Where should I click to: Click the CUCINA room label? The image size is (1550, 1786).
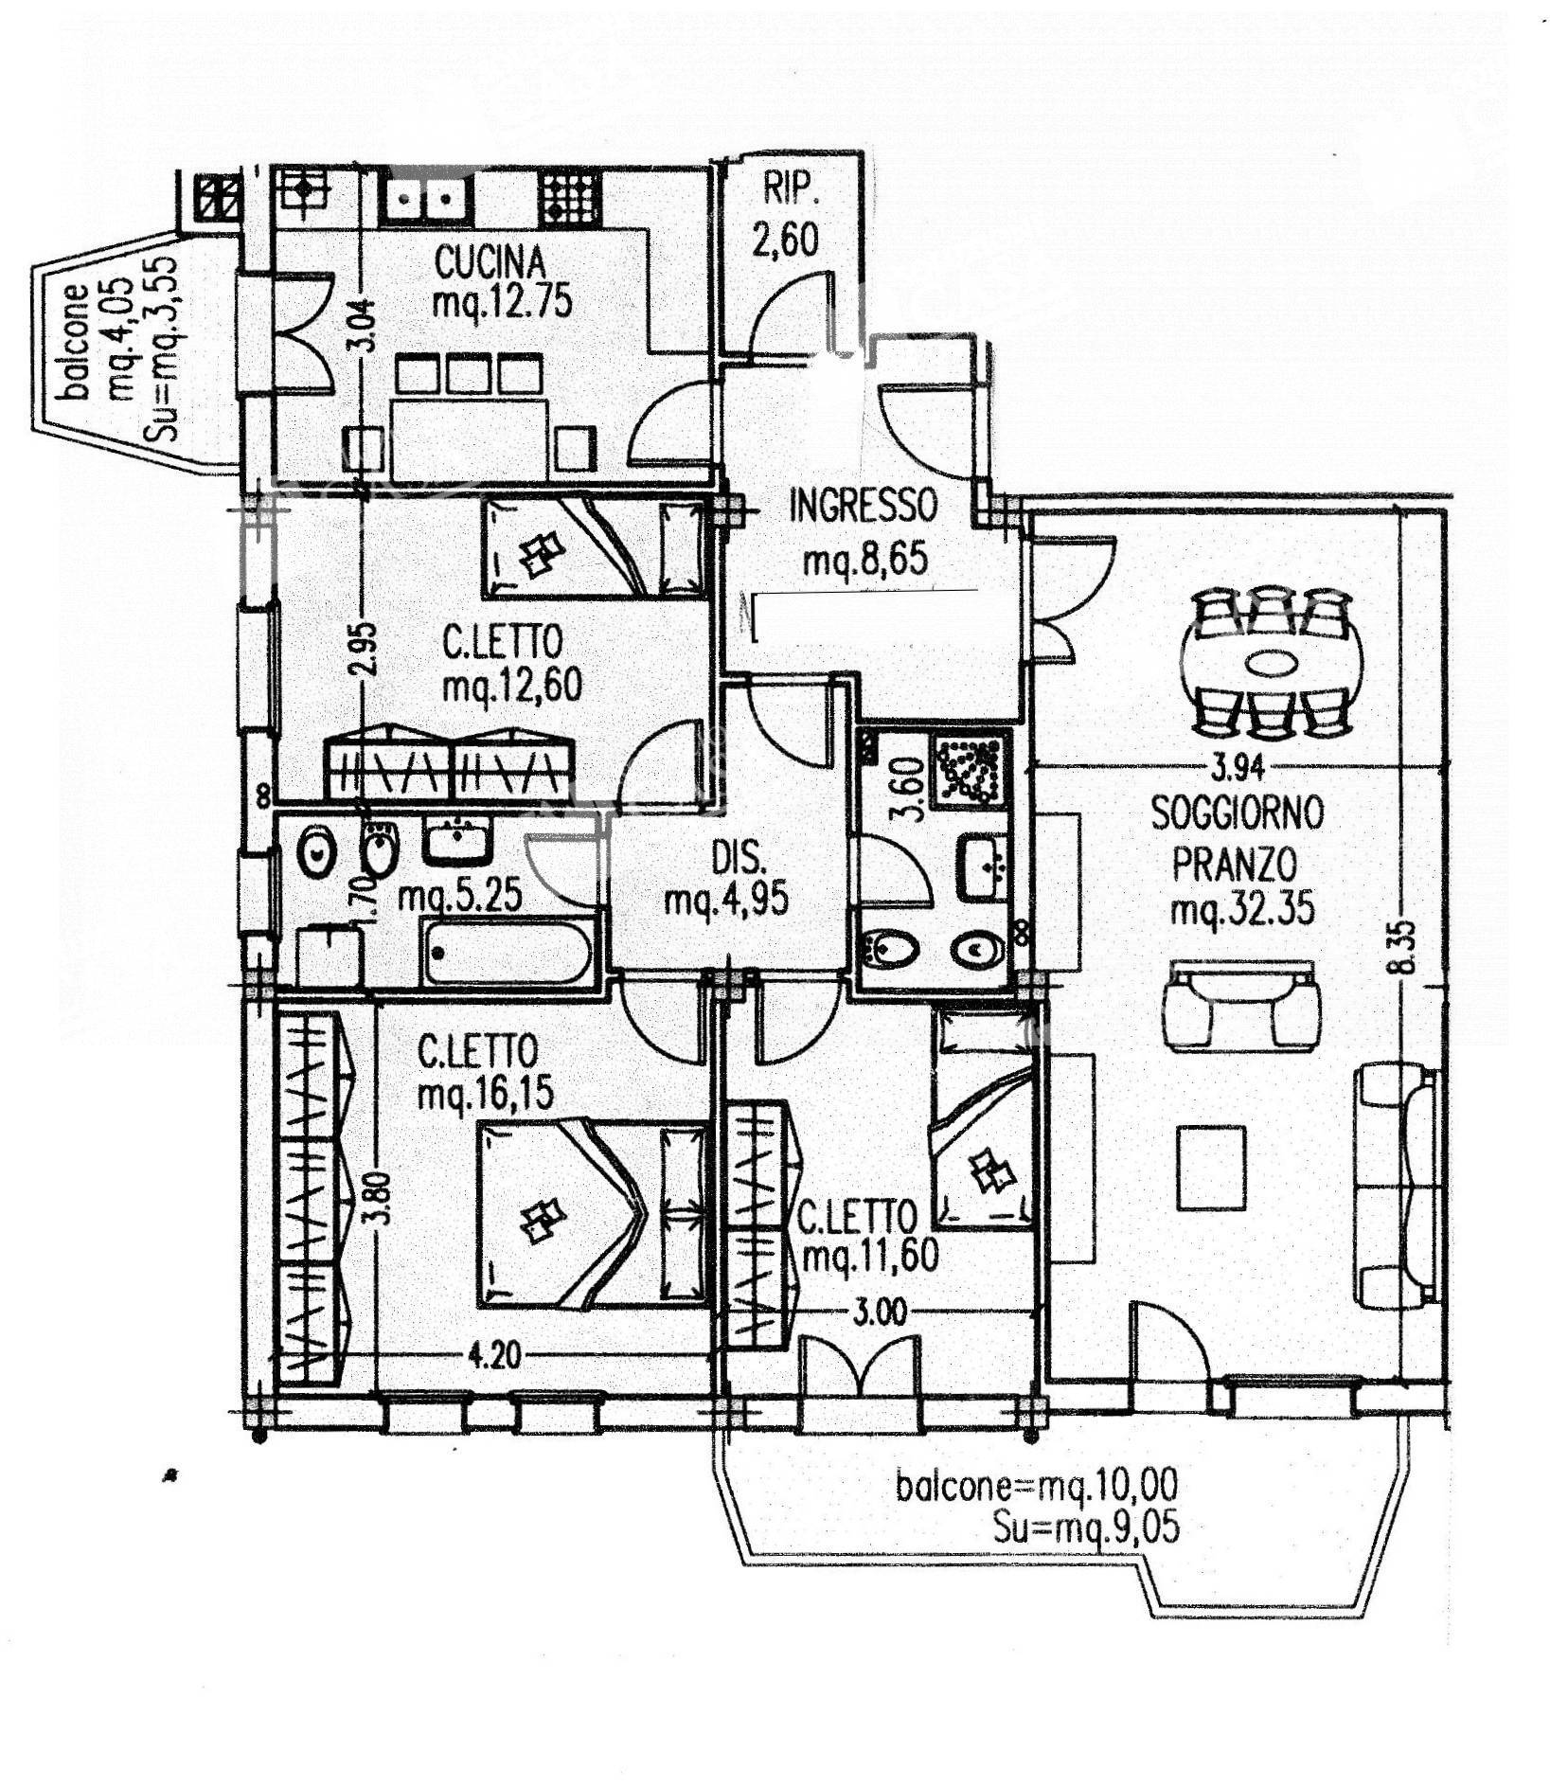(x=490, y=259)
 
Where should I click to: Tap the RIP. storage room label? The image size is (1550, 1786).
(x=791, y=190)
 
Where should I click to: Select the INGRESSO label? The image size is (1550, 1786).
(x=864, y=506)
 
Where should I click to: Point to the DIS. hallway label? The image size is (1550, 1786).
(x=739, y=859)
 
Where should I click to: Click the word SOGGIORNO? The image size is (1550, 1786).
(x=1237, y=813)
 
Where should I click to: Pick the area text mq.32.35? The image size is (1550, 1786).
(x=1242, y=910)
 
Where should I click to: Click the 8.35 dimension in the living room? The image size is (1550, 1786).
(x=1401, y=946)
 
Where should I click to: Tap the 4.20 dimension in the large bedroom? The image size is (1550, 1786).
(x=492, y=1357)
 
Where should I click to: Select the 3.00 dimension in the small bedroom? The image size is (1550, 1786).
(x=880, y=1312)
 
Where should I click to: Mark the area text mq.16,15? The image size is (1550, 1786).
(x=486, y=1095)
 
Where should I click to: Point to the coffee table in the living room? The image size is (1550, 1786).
(x=1211, y=1167)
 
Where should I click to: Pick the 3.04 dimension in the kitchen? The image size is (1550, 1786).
(x=367, y=326)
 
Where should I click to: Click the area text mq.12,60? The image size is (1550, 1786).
(x=512, y=686)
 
